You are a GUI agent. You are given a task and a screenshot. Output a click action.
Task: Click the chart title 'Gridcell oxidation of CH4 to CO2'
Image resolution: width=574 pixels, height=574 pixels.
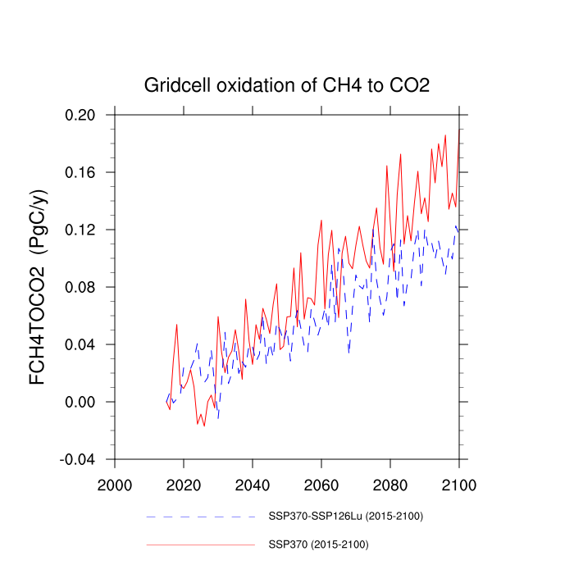tap(287, 84)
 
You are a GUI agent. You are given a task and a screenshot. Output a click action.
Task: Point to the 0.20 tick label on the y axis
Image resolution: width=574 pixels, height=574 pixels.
tap(80, 115)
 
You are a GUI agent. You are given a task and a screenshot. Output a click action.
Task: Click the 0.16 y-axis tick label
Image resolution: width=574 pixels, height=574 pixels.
tap(80, 172)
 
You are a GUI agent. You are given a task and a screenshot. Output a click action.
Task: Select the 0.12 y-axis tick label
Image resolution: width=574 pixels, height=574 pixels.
tap(80, 230)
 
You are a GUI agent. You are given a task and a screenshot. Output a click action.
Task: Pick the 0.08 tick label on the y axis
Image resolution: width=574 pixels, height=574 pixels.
tap(80, 287)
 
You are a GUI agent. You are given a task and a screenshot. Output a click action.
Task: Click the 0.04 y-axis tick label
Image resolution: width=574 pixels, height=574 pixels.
tap(80, 344)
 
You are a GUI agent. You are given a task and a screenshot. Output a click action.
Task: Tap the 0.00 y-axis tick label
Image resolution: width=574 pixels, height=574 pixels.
tap(80, 402)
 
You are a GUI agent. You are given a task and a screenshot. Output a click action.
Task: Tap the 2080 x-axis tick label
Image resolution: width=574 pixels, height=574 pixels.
tap(390, 484)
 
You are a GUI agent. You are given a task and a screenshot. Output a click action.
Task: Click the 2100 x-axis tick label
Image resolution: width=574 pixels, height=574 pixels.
tap(459, 484)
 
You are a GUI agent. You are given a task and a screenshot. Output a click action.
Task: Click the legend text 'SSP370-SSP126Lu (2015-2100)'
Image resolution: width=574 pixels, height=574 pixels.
tap(345, 517)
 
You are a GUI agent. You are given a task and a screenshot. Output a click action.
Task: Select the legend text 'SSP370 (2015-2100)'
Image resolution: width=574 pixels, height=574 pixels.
tap(318, 544)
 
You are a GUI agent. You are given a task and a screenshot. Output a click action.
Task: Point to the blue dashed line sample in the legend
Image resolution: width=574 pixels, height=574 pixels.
tap(201, 517)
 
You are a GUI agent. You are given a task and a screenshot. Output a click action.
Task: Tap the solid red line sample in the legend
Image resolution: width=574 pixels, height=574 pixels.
tap(201, 544)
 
